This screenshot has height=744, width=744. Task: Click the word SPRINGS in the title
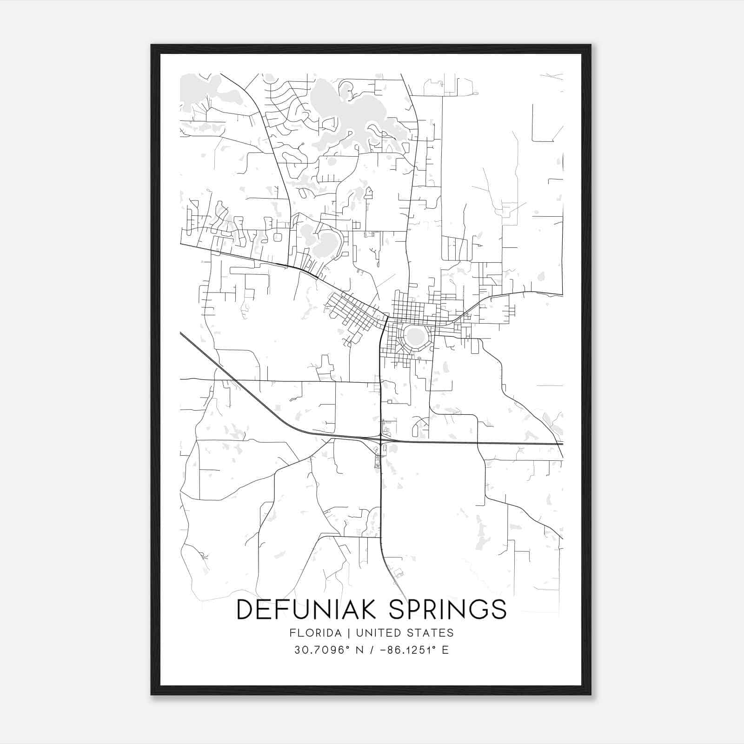click(447, 609)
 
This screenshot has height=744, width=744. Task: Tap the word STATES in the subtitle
click(434, 633)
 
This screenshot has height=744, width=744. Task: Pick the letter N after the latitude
click(359, 650)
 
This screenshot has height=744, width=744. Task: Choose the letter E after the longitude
click(445, 650)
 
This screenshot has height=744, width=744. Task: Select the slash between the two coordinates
click(371, 650)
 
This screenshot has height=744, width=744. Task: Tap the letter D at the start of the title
click(246, 609)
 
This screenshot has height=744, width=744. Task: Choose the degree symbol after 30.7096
click(347, 647)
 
